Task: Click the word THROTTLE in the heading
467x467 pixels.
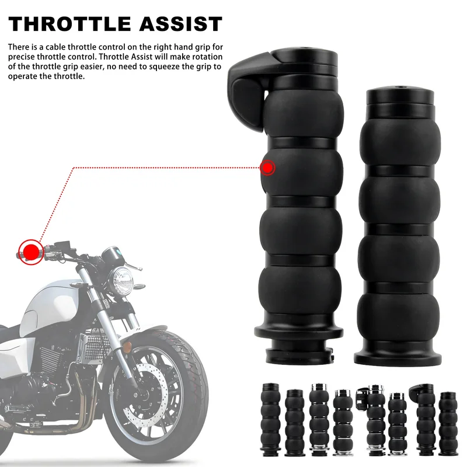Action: point(69,24)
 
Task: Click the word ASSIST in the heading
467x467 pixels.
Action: point(181,24)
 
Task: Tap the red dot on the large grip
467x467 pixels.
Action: point(267,168)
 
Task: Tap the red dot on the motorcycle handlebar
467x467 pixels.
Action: point(31,252)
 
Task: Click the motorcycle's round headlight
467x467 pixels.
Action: point(121,277)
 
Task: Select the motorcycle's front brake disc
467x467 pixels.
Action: point(145,393)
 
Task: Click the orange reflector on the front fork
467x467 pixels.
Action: point(128,347)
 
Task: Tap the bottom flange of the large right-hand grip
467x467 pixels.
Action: point(398,357)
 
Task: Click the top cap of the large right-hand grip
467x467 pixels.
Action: point(400,95)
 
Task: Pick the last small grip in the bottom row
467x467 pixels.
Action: point(448,424)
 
